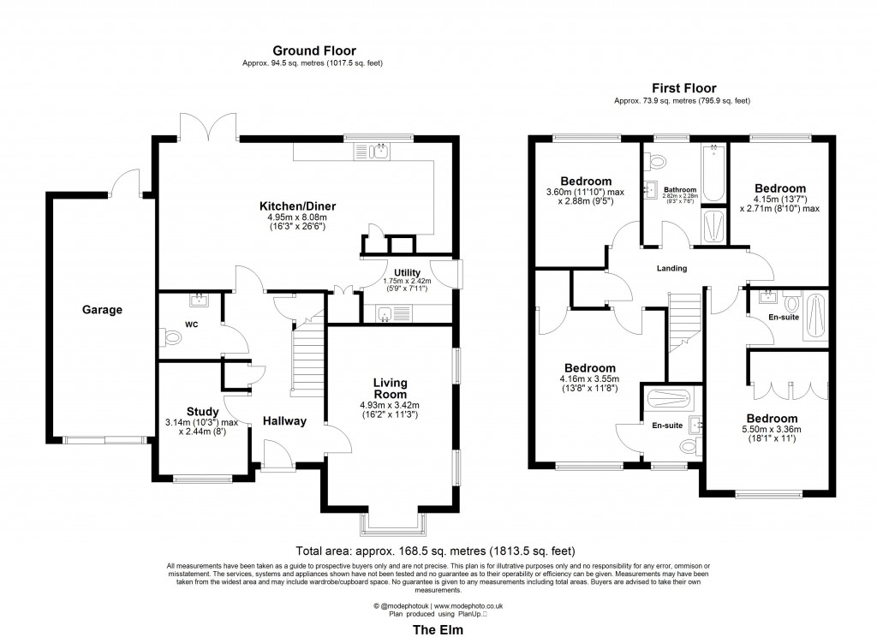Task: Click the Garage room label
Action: [x=102, y=310]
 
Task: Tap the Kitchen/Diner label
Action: [x=297, y=206]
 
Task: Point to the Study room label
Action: [x=203, y=412]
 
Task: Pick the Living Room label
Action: [x=390, y=388]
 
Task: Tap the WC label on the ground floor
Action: [x=191, y=324]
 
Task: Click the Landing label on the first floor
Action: [x=671, y=268]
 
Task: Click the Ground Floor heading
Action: [x=314, y=51]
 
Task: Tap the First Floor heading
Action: [x=683, y=87]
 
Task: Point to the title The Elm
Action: [x=438, y=629]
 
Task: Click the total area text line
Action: [x=435, y=551]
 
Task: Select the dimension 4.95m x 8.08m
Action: [x=297, y=218]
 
